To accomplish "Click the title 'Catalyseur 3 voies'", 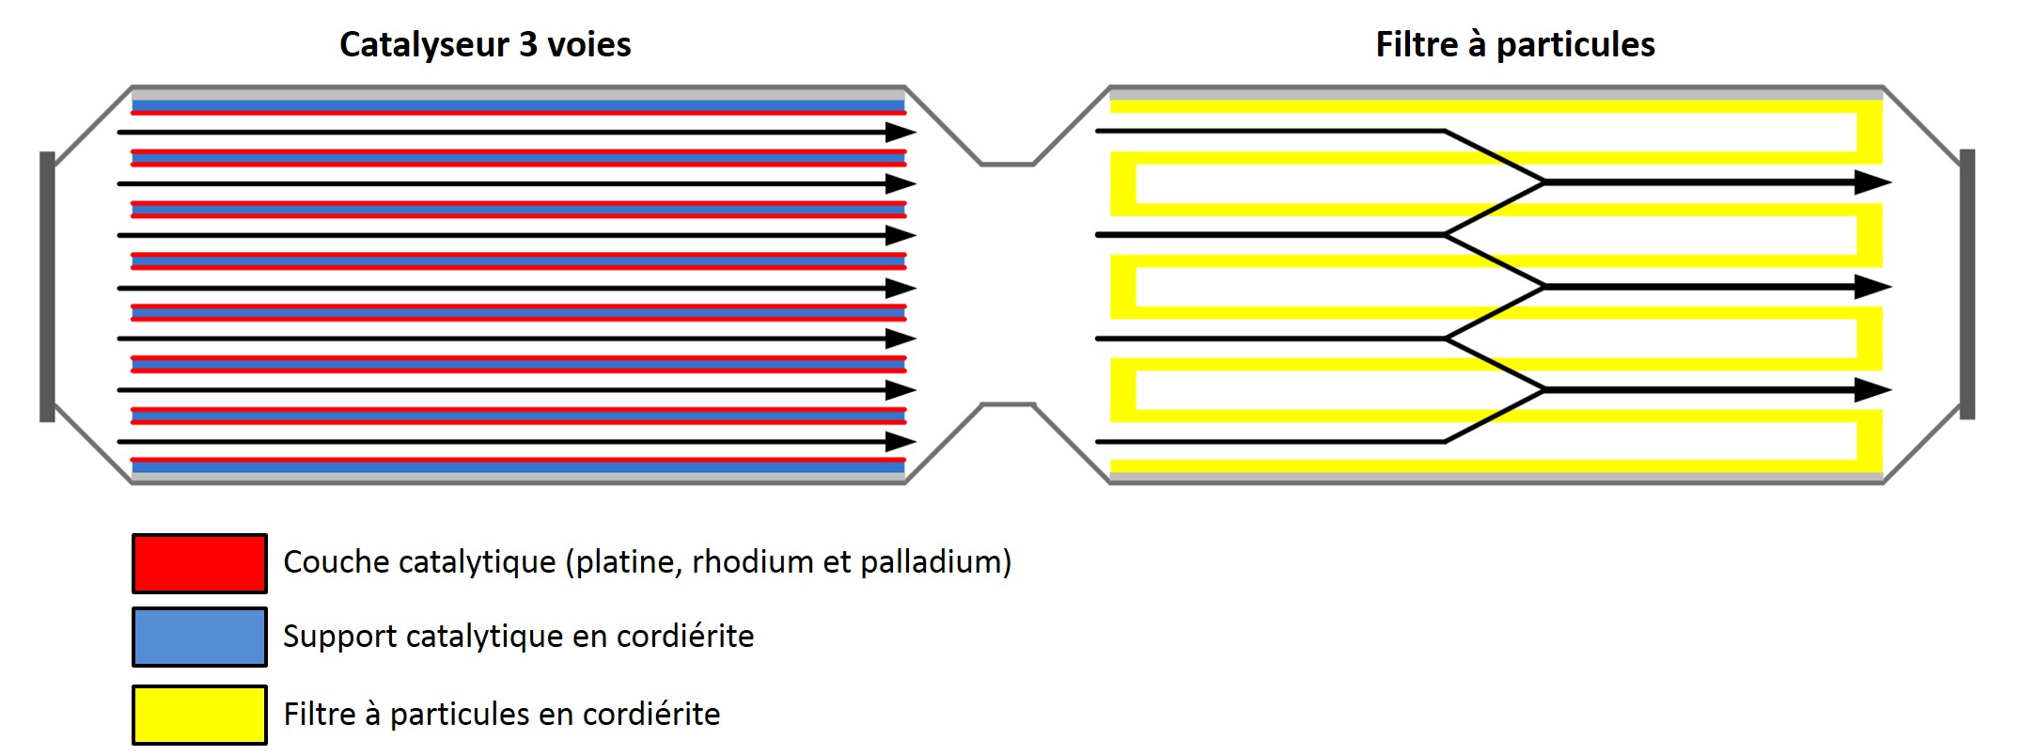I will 485,45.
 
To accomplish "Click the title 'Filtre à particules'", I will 1514,45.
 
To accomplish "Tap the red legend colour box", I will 199,563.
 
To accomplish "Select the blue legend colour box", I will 199,637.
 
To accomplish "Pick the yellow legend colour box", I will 199,715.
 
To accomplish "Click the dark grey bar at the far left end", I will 47,286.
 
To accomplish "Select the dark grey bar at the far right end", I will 1967,284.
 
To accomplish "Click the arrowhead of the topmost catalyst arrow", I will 900,133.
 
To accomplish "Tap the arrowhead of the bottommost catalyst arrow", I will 900,441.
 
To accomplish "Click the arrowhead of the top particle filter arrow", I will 1872,182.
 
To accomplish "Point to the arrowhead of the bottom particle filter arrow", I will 1872,389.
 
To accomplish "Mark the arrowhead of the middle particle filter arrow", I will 1872,287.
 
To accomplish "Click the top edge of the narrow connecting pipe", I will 1008,165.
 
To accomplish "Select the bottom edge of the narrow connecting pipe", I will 1008,404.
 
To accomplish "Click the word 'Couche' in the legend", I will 325,562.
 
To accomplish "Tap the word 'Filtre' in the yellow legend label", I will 319,715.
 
